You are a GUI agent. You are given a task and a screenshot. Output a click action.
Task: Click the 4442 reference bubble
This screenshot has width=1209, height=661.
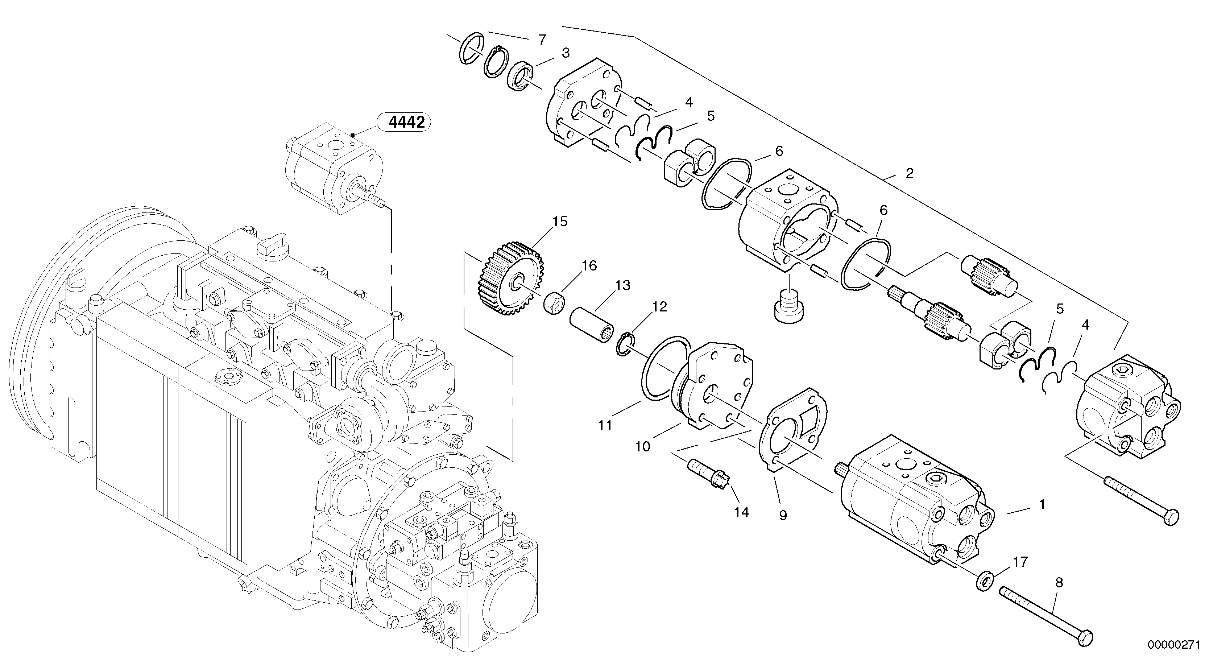[x=406, y=123]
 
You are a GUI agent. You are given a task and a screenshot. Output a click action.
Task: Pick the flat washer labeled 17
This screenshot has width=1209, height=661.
[x=984, y=581]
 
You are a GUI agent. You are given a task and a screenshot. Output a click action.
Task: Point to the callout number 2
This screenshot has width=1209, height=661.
[x=909, y=173]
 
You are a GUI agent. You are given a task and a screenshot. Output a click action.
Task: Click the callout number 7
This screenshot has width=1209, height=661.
[x=542, y=40]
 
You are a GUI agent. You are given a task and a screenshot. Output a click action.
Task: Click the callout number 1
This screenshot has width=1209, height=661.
[x=1042, y=505]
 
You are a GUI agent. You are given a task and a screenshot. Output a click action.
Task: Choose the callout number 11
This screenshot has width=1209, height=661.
[x=605, y=425]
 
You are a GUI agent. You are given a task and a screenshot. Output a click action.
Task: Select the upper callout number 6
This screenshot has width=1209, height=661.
[x=779, y=151]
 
